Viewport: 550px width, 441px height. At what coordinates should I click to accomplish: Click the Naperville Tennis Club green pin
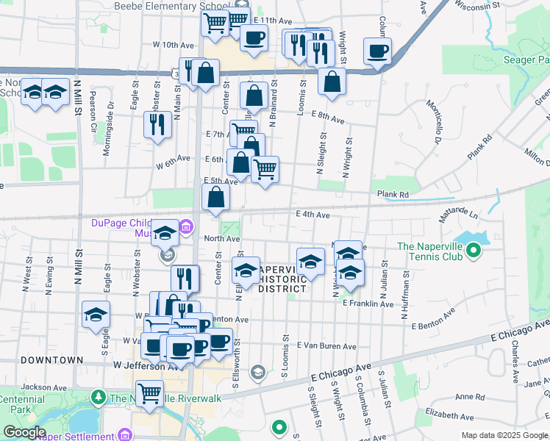[x=474, y=252]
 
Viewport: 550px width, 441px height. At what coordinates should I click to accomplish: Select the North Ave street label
[x=222, y=238]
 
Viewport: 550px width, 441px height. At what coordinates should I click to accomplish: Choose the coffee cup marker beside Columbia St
[x=378, y=51]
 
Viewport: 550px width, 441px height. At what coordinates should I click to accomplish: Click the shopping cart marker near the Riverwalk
[x=150, y=393]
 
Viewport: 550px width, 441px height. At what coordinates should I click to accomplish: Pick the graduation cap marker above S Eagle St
[x=96, y=315]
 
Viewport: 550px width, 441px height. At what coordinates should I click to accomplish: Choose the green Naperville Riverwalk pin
[x=99, y=398]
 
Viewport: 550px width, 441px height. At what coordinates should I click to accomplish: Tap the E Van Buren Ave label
[x=326, y=345]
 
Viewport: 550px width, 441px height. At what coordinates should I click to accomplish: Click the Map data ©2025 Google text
[x=504, y=435]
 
